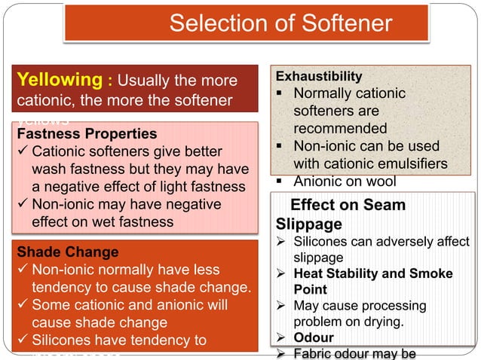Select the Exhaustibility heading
319,76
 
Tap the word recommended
340,129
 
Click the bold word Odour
314,337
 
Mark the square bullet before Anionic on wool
281,182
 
